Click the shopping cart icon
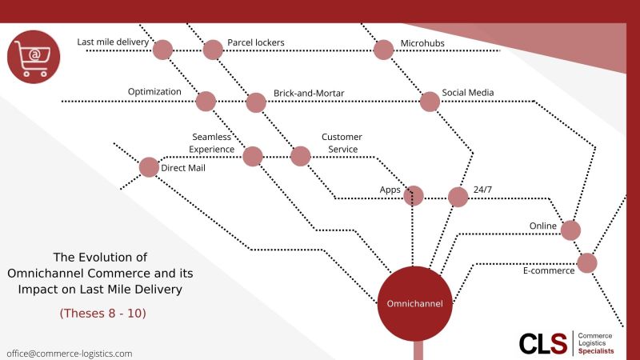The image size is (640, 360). coord(34,57)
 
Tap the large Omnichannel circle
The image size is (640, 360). coord(414,304)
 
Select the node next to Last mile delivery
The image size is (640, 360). coord(162,50)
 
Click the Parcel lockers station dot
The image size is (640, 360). coord(213,50)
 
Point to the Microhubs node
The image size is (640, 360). coord(383,50)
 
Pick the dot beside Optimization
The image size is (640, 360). coord(206,102)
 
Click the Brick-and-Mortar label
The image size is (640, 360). coord(309,93)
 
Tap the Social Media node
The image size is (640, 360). coord(430,102)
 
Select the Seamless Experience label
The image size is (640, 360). coord(211,143)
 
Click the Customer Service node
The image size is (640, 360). coord(301,156)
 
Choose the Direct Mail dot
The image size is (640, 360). coord(149,167)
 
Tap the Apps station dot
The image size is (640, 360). coord(414,196)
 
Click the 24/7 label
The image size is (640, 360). coord(482,190)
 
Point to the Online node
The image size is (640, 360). coord(570,230)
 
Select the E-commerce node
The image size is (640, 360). coord(587,263)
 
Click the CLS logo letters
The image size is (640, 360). coord(543,344)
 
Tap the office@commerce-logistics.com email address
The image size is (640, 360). coord(70,354)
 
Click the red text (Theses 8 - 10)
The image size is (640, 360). coord(103,313)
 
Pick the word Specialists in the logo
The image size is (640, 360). coord(596,351)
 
